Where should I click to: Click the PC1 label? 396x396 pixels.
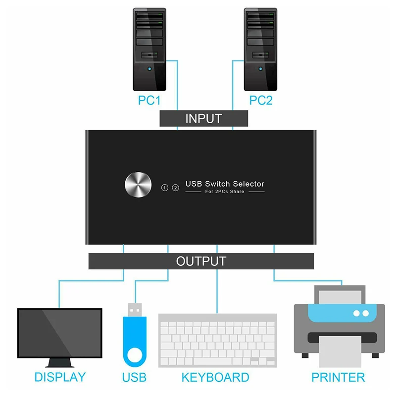click(149, 101)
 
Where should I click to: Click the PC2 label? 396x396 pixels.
click(261, 101)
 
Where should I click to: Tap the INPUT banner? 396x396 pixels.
click(203, 119)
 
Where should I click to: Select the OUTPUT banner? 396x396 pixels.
click(201, 261)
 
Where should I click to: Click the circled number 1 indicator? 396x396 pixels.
click(165, 188)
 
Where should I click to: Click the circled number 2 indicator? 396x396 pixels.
click(175, 188)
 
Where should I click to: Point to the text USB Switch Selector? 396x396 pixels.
click(225, 184)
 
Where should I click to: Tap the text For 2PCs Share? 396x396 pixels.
click(225, 192)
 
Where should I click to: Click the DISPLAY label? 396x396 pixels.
click(60, 377)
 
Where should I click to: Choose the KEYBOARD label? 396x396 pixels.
click(215, 377)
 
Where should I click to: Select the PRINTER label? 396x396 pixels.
click(338, 377)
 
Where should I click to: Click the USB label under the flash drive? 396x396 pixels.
click(134, 377)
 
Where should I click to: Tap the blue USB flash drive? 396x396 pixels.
click(134, 342)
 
